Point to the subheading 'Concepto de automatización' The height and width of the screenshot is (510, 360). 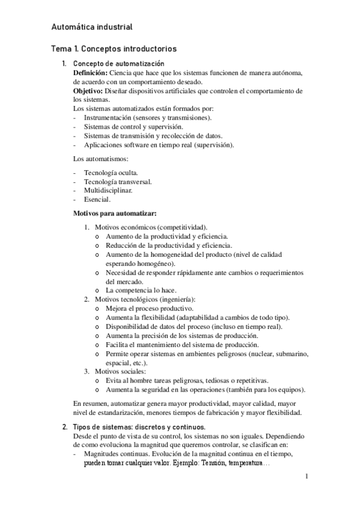pos(118,63)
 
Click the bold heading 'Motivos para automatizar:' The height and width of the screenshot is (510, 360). pos(114,213)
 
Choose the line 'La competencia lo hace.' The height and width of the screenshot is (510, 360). pos(141,290)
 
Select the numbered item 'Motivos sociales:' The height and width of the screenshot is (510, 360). pos(120,372)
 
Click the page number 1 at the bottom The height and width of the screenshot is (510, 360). pos(307,477)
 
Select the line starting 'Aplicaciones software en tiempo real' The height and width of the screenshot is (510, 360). pos(159,145)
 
